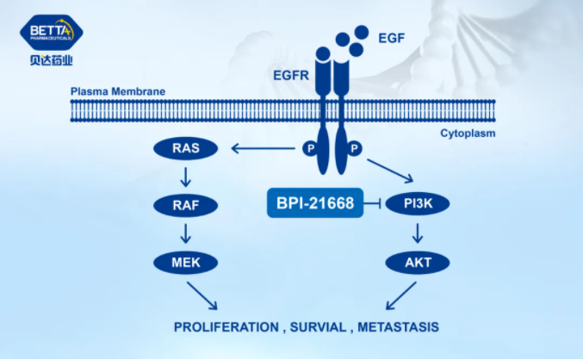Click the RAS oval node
coord(185,149)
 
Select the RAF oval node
coord(185,206)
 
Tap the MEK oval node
coord(185,262)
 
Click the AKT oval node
coord(417,262)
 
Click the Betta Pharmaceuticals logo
coord(51,40)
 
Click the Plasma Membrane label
coord(117,91)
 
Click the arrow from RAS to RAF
coord(185,177)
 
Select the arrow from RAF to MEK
coord(185,233)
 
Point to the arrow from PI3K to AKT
coord(417,233)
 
